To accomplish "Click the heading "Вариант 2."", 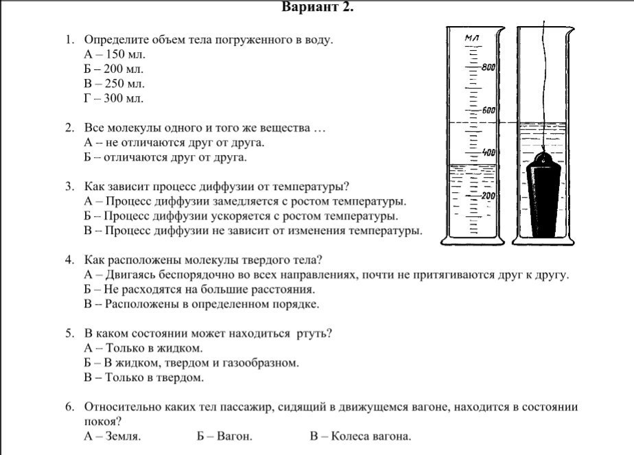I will pyautogui.click(x=318, y=8).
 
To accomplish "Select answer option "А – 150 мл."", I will pyautogui.click(x=114, y=54).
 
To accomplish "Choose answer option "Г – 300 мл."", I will pyautogui.click(x=114, y=98).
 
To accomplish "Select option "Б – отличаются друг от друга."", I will pyautogui.click(x=165, y=157).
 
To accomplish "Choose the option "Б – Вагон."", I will pyautogui.click(x=224, y=436).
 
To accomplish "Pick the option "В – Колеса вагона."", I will pyautogui.click(x=360, y=436).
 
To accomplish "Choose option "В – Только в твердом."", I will pyautogui.click(x=144, y=377).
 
